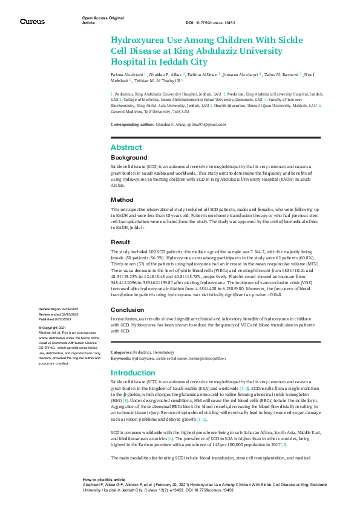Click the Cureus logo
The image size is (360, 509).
click(x=32, y=22)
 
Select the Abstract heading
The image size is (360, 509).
click(x=126, y=148)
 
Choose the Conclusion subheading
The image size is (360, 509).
click(x=127, y=310)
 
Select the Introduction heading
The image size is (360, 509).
click(x=133, y=373)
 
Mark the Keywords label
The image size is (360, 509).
click(x=121, y=358)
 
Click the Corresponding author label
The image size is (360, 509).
click(x=133, y=124)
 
